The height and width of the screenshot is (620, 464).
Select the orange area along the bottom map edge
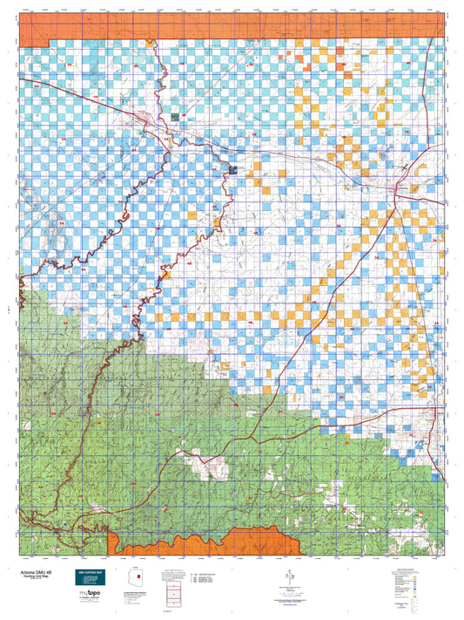[205, 541]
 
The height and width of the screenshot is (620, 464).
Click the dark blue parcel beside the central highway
[231, 168]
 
